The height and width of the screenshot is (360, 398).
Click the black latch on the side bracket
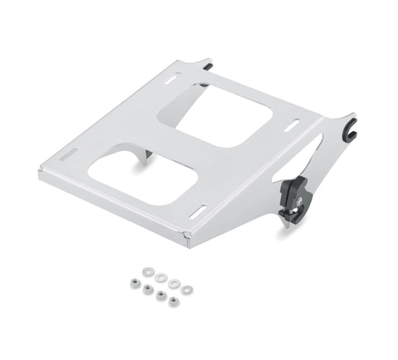coord(293,197)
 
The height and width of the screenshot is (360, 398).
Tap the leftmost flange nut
coord(133,283)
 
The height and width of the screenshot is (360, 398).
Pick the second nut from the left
coord(148,289)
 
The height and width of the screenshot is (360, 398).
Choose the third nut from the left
coord(159,294)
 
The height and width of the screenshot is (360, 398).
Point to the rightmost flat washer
coord(187,289)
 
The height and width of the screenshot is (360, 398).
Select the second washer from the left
coord(160,277)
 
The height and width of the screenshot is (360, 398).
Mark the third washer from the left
coord(174,284)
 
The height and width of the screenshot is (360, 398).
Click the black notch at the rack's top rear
coord(205,62)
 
